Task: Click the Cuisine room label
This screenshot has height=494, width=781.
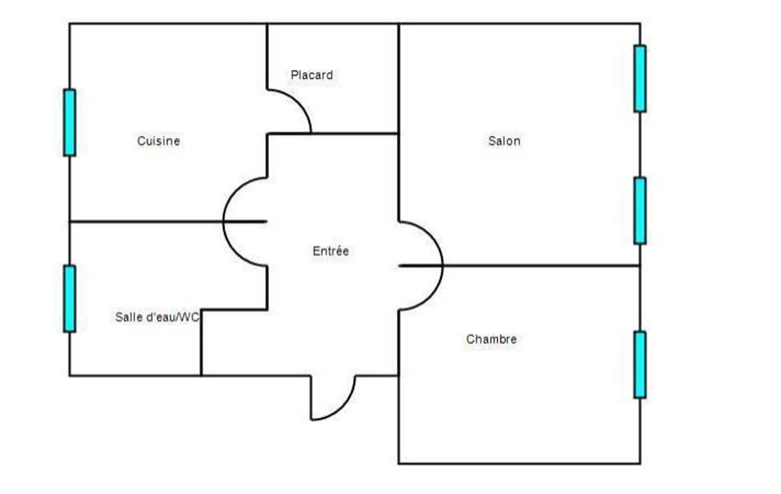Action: point(158,141)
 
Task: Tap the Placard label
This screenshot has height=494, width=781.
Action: point(311,75)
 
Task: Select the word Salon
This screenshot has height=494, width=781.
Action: point(504,141)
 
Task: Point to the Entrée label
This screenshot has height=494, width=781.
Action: point(330,251)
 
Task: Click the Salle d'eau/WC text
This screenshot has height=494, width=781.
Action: point(157,317)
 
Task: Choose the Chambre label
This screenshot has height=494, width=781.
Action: point(491,339)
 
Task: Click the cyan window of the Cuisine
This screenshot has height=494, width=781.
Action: point(70,123)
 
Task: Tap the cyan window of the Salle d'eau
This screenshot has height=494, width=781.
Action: point(70,299)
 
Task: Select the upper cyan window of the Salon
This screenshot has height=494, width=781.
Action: point(640,79)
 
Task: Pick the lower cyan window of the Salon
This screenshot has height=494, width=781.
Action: point(640,211)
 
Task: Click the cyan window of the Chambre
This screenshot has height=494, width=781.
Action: point(640,365)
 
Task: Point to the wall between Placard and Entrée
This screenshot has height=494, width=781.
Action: point(354,133)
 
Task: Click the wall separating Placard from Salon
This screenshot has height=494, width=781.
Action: point(399,78)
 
